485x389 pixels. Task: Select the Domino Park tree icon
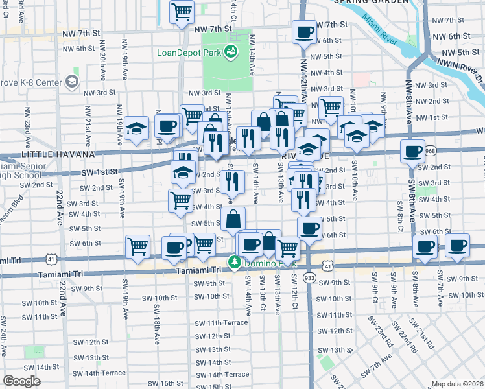coord(234,262)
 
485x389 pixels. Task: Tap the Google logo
coord(21,381)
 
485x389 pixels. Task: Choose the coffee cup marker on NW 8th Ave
coord(412,152)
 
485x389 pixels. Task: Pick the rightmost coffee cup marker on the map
coord(458,246)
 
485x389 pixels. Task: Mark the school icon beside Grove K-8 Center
coord(71,82)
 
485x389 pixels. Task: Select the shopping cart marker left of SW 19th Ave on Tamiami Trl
coord(138,246)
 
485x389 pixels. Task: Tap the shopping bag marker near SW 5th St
coord(233,219)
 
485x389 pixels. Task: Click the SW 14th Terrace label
coord(224,374)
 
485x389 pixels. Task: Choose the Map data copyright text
coord(458,384)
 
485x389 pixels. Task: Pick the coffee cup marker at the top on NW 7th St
coord(303,32)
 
